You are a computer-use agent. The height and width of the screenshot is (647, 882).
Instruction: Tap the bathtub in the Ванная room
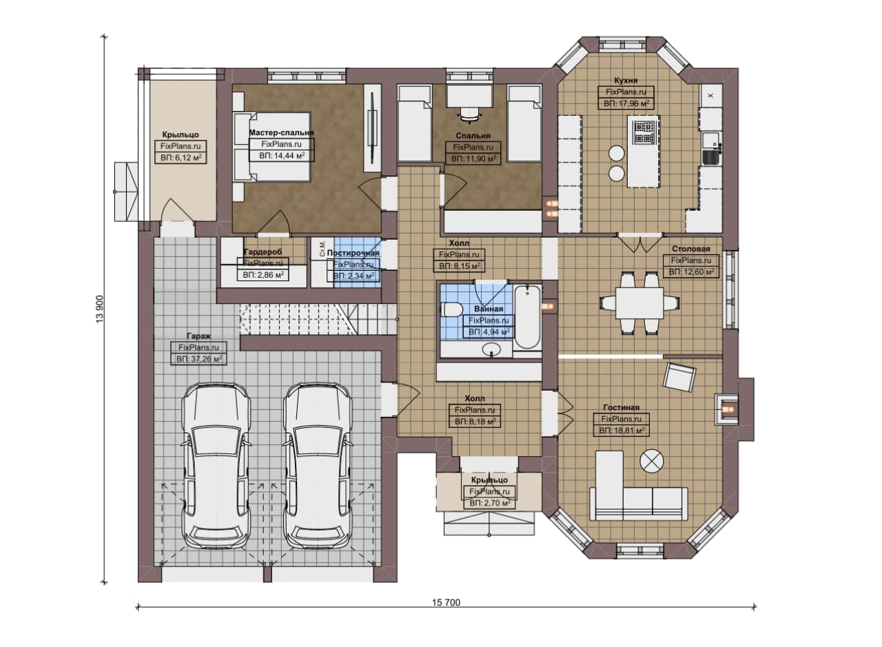527,318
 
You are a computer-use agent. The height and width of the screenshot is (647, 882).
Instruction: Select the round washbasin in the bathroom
492,349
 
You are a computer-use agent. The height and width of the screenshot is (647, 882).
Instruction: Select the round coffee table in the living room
652,461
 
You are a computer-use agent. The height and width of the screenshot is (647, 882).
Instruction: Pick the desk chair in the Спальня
471,114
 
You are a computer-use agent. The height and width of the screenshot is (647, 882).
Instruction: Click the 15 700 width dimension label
446,602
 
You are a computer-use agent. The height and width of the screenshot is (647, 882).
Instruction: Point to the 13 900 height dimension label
100,309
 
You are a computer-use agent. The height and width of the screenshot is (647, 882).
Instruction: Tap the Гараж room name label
199,336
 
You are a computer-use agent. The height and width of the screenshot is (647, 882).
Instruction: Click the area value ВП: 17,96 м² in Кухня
626,104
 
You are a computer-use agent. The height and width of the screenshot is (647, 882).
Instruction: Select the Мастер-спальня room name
282,133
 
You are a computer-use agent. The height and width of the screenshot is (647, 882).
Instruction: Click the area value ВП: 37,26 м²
199,359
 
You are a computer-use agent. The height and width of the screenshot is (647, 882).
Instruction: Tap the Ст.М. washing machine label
322,248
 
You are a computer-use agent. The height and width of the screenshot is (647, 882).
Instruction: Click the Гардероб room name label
263,252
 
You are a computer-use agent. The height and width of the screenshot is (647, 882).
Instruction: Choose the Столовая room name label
691,249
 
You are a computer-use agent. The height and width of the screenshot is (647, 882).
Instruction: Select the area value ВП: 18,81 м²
622,431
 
